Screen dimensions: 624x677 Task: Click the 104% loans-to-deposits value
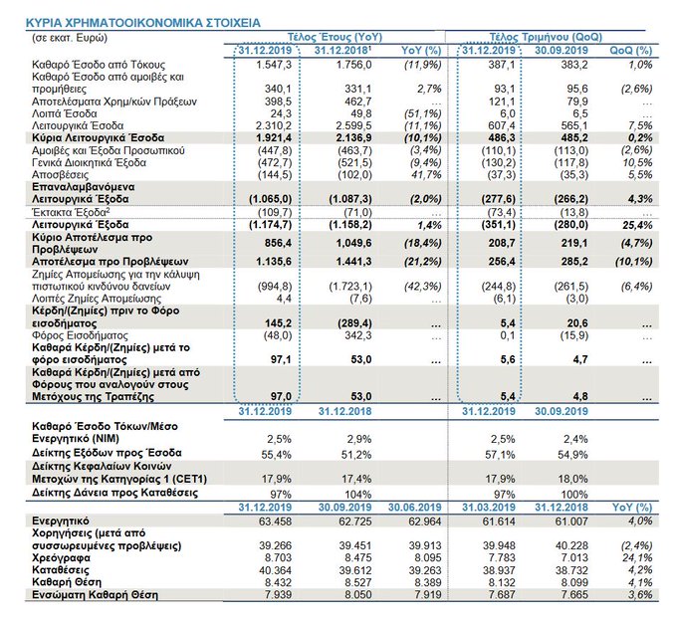(347, 494)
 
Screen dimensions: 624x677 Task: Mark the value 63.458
(266, 520)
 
